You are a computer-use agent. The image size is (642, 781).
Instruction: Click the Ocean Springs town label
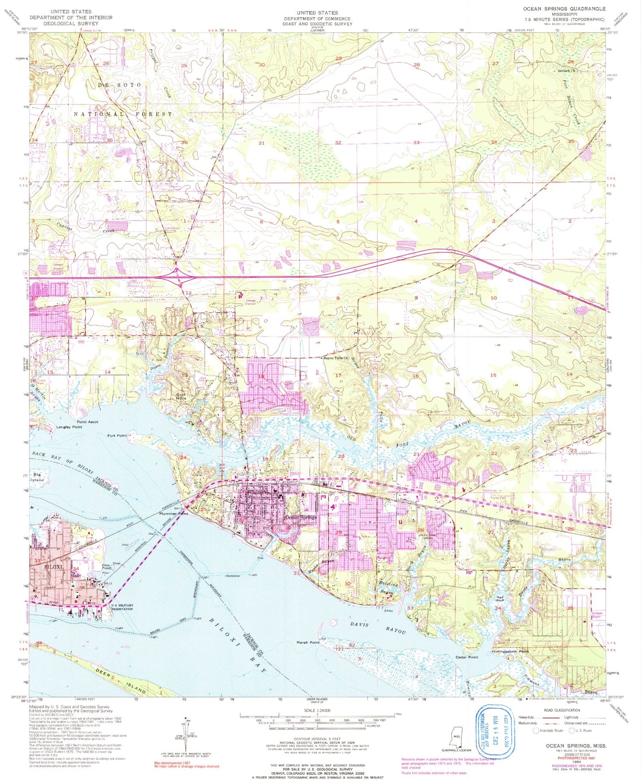pyautogui.click(x=300, y=518)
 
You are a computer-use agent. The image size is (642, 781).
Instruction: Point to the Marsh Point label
pyautogui.click(x=308, y=642)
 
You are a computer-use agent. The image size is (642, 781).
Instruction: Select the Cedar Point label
pyautogui.click(x=467, y=657)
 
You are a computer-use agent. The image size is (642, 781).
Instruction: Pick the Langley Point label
pyautogui.click(x=69, y=427)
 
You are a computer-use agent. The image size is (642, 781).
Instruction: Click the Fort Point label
pyautogui.click(x=117, y=435)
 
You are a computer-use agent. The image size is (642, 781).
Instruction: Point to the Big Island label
pyautogui.click(x=38, y=477)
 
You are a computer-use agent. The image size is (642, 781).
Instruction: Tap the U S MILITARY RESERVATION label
pyautogui.click(x=122, y=607)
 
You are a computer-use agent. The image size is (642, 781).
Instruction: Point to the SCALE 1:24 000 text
pyautogui.click(x=317, y=710)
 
